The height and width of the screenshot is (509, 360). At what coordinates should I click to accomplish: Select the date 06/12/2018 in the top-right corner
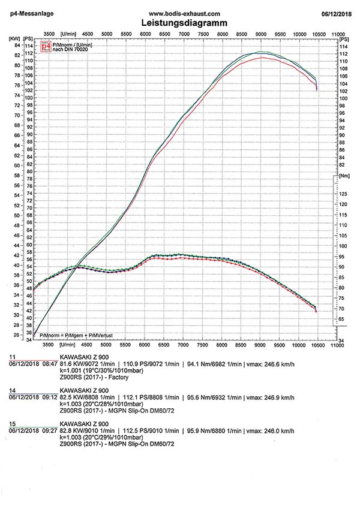pos(335,13)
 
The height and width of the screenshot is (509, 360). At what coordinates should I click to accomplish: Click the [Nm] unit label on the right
pos(344,177)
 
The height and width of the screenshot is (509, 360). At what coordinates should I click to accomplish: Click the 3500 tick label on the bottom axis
pos(49,346)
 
